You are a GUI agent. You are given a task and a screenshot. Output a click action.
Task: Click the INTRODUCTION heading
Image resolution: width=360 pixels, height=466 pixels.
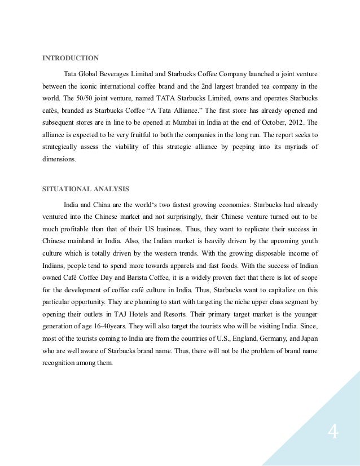point(71,58)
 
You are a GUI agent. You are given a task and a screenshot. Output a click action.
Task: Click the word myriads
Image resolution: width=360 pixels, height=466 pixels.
point(287,147)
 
